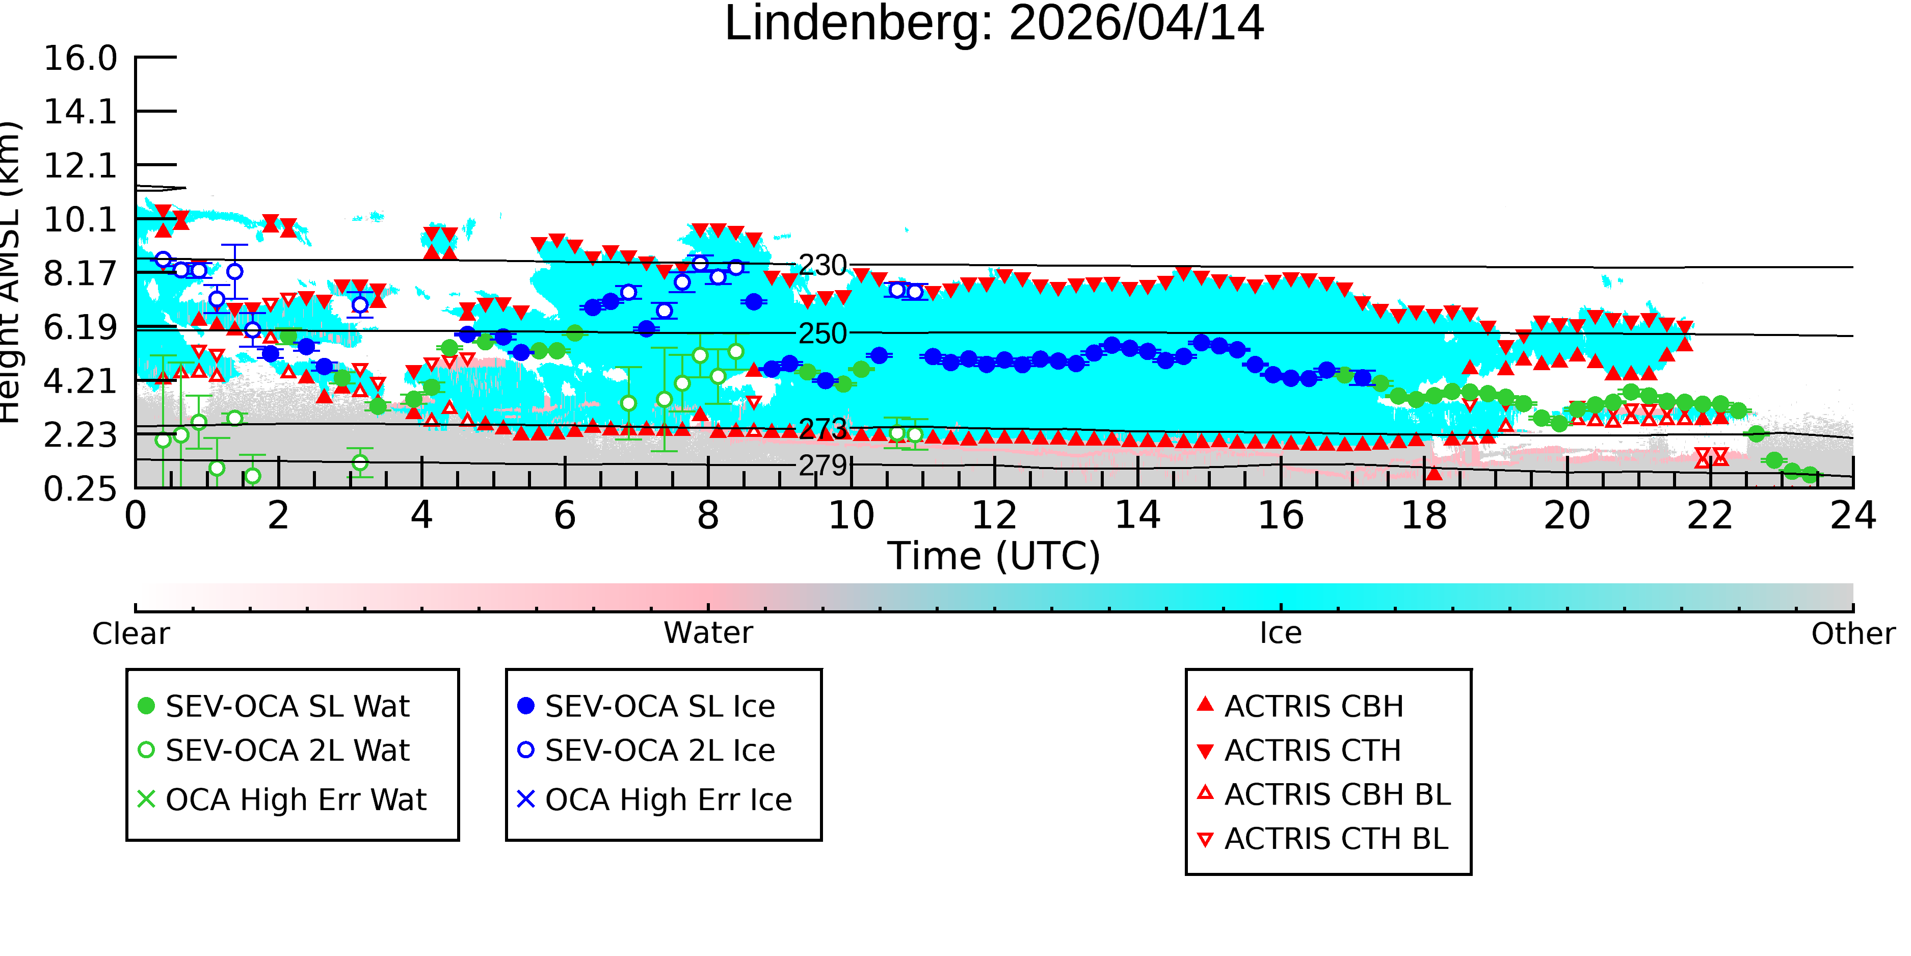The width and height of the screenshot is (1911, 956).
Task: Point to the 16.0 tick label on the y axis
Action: (x=80, y=59)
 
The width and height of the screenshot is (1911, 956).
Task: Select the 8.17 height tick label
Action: (x=80, y=274)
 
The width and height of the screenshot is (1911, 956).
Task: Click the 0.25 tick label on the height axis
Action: (x=80, y=489)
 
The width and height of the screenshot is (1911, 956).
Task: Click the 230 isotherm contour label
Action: (x=822, y=265)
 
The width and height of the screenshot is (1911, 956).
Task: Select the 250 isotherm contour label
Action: (x=822, y=334)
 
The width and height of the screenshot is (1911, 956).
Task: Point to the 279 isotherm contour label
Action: (x=822, y=466)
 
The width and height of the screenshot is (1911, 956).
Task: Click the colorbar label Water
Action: (x=708, y=633)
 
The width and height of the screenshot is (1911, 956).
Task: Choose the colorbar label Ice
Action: (x=1281, y=633)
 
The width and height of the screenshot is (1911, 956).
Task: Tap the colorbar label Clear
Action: (x=130, y=634)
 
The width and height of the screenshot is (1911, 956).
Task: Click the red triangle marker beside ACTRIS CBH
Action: (x=1206, y=704)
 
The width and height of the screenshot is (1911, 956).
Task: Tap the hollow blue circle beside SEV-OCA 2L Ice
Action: (x=526, y=750)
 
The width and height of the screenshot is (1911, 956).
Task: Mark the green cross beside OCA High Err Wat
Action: (x=146, y=799)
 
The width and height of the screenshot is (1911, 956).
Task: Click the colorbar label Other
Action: (x=1853, y=634)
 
